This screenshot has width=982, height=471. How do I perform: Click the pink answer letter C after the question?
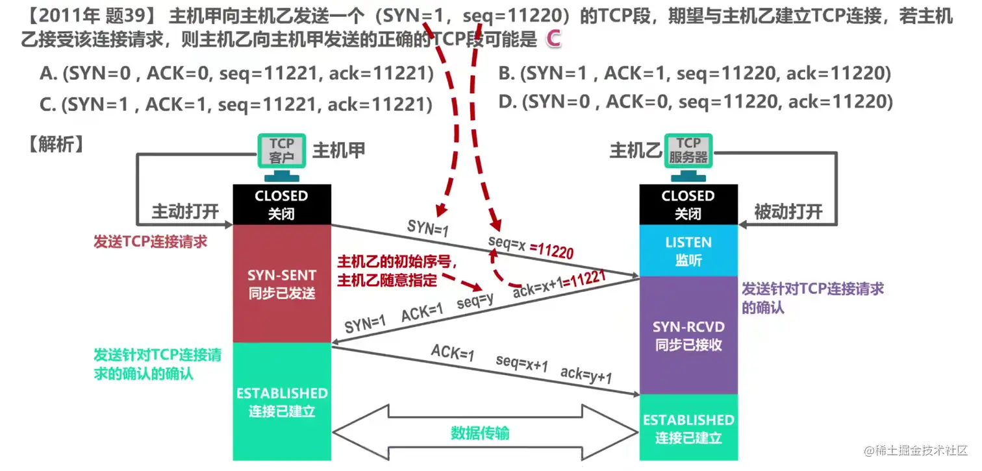click(x=553, y=40)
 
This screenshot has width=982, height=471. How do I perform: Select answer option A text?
click(x=236, y=74)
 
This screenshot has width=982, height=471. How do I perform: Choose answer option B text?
click(x=695, y=74)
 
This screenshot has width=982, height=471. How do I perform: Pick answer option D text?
click(x=695, y=102)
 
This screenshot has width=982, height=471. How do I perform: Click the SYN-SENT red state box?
click(x=282, y=284)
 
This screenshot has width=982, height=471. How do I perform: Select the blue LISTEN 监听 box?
click(x=688, y=251)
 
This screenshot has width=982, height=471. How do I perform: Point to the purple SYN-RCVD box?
click(x=688, y=335)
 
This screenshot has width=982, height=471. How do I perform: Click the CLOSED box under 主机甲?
click(x=282, y=204)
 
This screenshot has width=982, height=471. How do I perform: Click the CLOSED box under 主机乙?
click(x=688, y=204)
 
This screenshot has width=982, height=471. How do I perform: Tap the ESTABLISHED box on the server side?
click(x=688, y=428)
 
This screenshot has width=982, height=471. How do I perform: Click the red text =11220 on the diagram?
click(x=552, y=251)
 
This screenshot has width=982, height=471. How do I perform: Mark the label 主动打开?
click(x=185, y=211)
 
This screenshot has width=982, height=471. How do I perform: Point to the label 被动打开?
click(x=788, y=211)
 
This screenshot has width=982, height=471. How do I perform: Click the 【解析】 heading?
click(x=56, y=145)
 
